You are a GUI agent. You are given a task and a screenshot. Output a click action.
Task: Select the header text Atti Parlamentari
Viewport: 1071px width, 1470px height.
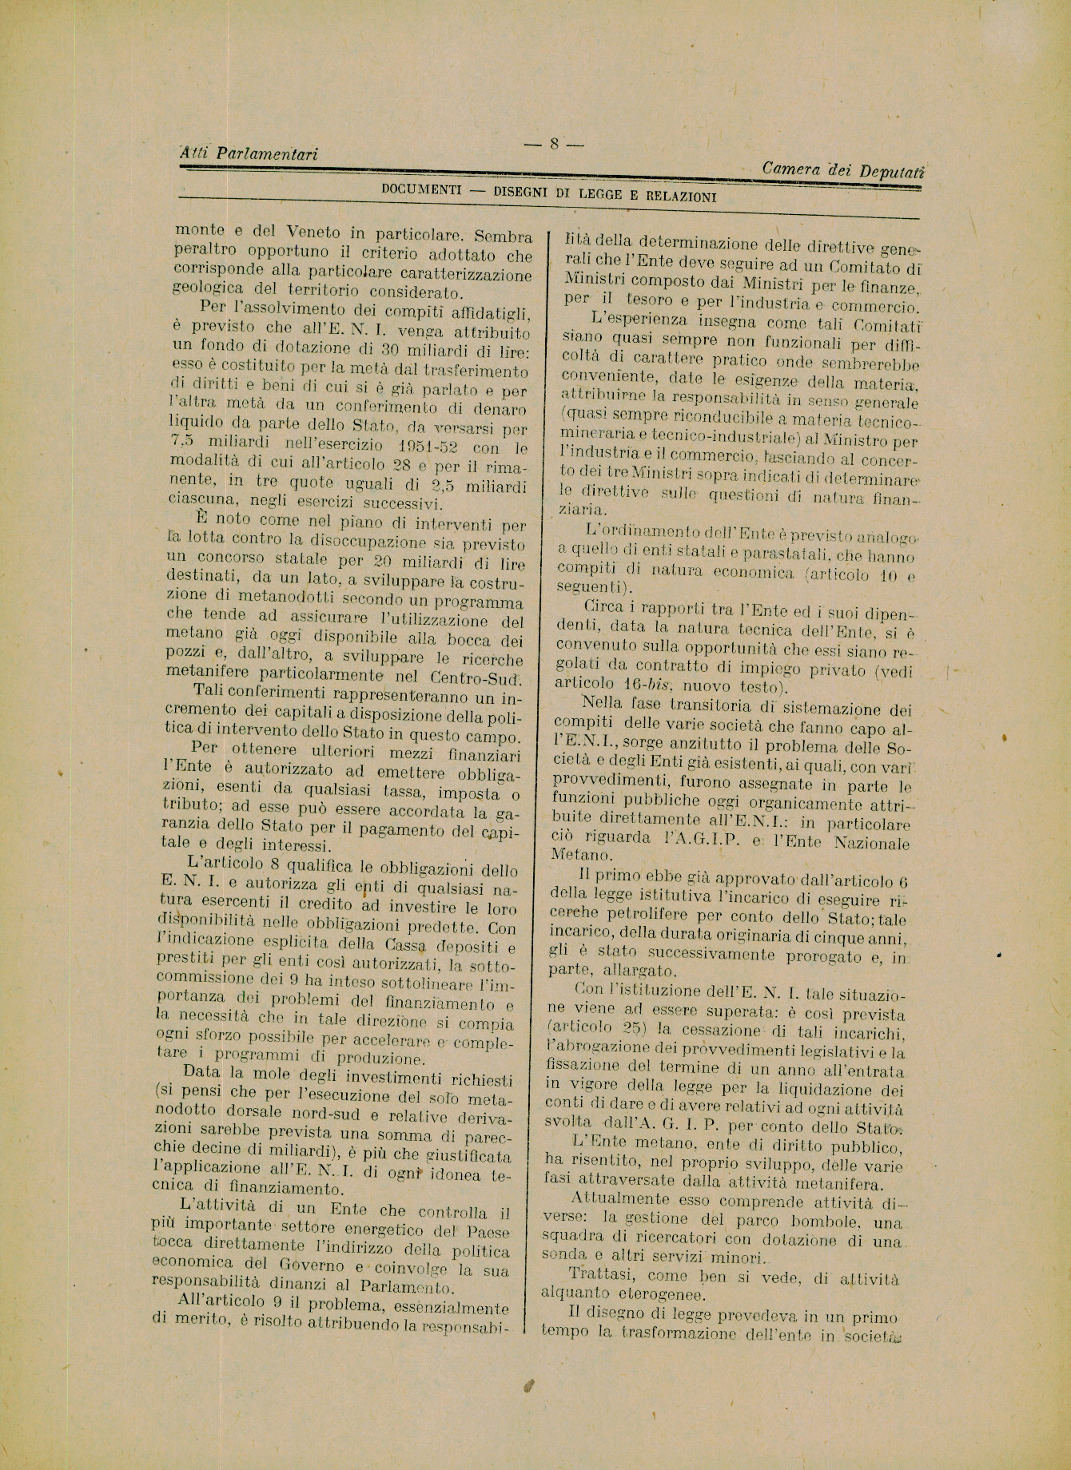click(249, 153)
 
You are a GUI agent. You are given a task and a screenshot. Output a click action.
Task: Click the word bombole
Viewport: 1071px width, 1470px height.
click(824, 1222)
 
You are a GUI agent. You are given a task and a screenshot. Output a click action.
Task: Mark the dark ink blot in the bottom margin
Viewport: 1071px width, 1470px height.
click(528, 1388)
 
